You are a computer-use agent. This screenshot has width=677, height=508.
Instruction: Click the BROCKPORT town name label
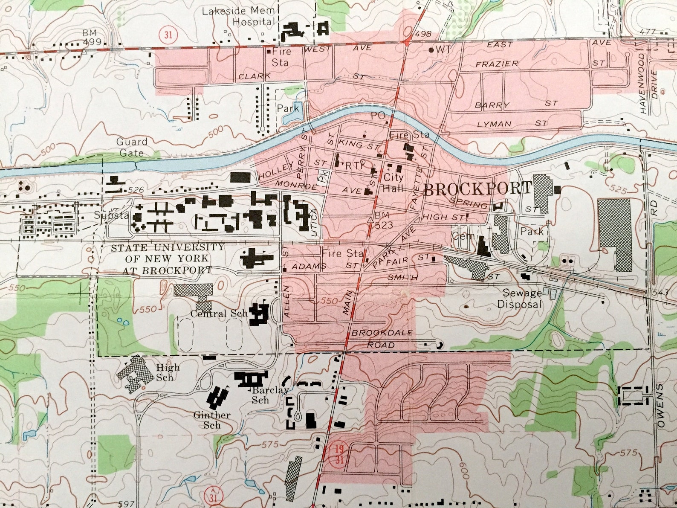pos(477,188)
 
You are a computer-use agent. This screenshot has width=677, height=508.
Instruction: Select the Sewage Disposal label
pos(522,299)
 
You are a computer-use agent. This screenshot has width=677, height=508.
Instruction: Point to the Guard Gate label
pos(131,147)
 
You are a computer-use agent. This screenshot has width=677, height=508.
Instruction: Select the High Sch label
pos(168,372)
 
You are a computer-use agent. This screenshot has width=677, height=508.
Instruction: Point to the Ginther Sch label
pos(212,420)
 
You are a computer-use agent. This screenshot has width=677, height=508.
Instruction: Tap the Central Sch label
pos(219,314)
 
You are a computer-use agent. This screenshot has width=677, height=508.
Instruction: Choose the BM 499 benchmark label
pos(92,37)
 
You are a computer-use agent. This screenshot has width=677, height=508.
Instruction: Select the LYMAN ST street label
pos(512,124)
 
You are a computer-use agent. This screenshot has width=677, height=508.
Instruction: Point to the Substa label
pos(112,215)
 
